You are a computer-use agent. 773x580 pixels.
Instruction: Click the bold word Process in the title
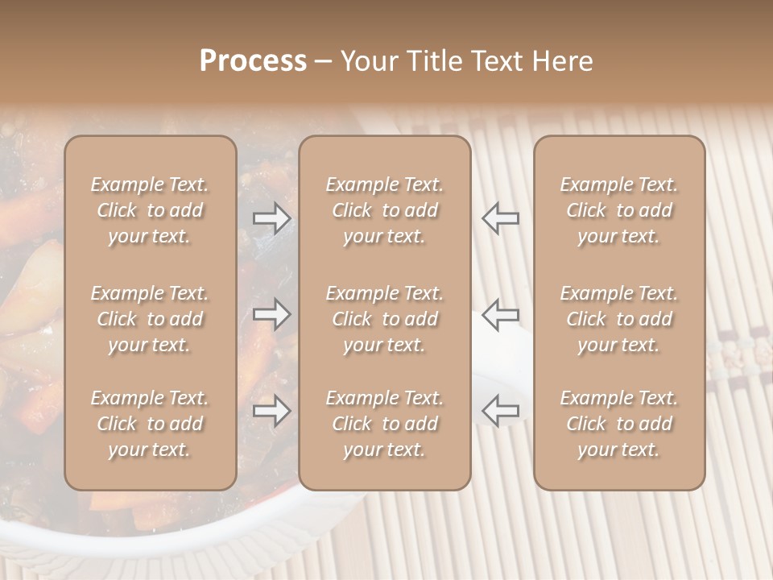(x=253, y=61)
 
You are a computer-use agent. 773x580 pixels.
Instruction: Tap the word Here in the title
(x=564, y=61)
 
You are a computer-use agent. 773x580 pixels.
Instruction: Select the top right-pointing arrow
(x=272, y=218)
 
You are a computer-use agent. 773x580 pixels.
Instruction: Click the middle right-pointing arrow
(x=272, y=314)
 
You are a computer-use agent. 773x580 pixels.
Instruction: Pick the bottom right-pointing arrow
(x=272, y=411)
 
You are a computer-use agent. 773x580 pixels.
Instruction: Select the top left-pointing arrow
(x=500, y=218)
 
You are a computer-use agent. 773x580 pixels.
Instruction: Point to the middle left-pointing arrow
(x=500, y=314)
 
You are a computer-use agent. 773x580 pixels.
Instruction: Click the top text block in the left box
(x=150, y=210)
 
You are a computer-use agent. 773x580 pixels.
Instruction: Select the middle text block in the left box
(x=150, y=319)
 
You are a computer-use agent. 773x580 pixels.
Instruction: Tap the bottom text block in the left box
(x=150, y=424)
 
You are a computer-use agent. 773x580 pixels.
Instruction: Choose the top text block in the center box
(x=384, y=210)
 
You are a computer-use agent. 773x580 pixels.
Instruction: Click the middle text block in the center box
(x=384, y=319)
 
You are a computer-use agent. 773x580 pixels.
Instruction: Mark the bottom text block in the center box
(x=384, y=424)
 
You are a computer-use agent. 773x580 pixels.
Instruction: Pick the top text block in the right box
(x=618, y=210)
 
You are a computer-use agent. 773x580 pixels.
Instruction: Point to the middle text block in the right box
(x=618, y=319)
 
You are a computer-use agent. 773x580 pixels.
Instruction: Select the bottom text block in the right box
(x=618, y=424)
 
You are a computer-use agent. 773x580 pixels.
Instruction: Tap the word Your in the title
(x=370, y=61)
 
